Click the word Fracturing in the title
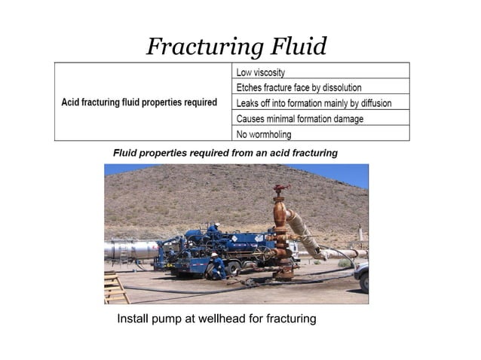[x=202, y=47]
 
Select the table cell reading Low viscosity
[x=261, y=72]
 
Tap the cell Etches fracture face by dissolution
[x=299, y=87]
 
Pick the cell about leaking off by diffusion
[x=314, y=103]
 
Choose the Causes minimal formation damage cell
[x=300, y=119]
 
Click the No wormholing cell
[x=264, y=135]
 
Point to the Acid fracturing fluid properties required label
[x=139, y=102]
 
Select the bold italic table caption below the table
[x=225, y=153]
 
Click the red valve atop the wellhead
[x=281, y=188]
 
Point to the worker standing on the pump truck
[x=213, y=227]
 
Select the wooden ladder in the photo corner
[x=115, y=288]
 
